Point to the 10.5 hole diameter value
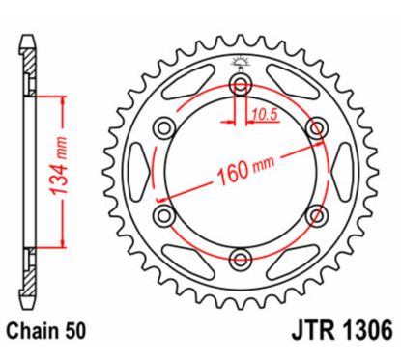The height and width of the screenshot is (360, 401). coord(257,113)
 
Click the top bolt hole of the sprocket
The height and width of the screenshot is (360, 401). coord(240,88)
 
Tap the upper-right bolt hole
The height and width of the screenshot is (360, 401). coord(313,129)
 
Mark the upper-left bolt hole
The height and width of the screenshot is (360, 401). coord(166,129)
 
